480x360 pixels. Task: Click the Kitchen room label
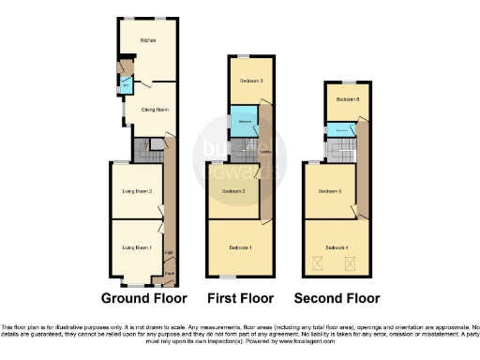[147, 40]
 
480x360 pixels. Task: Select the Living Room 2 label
[137, 191]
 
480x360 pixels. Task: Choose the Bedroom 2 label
[233, 191]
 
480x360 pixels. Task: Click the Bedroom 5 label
[328, 191]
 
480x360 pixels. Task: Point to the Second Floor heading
[337, 299]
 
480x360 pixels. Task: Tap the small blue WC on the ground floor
[126, 86]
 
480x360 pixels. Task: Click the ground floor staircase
[142, 147]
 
